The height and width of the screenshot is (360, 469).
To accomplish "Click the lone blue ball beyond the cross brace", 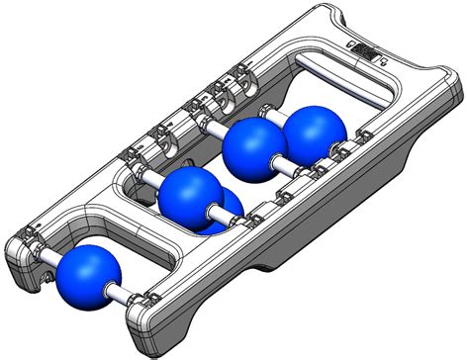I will [x=89, y=275].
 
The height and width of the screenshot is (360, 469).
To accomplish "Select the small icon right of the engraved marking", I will [x=380, y=59].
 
